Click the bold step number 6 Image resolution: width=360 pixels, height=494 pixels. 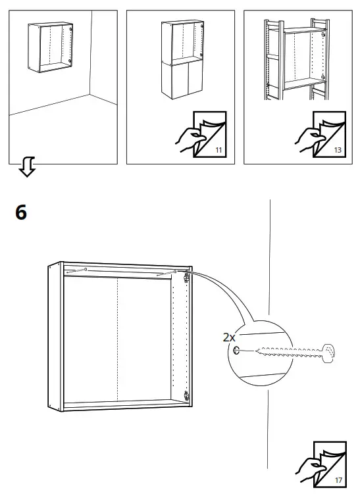(x=21, y=214)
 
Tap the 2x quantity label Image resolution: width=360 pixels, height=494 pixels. (x=229, y=337)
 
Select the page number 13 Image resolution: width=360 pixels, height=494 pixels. (x=338, y=150)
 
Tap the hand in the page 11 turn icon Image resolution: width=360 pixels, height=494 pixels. (x=189, y=139)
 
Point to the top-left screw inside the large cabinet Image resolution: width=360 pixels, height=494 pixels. (x=86, y=270)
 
